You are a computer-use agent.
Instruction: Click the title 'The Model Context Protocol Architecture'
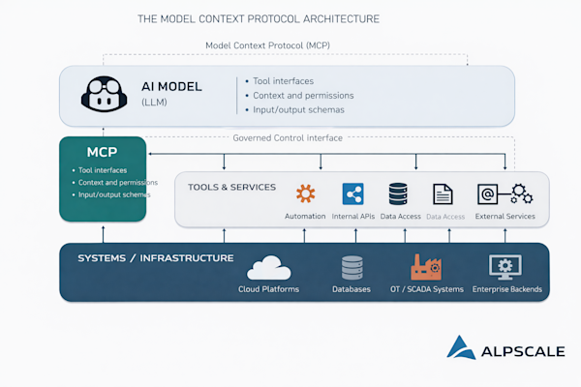point(259,18)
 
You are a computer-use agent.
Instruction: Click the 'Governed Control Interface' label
point(288,137)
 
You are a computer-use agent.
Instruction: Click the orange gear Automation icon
point(305,193)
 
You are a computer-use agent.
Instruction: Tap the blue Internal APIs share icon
point(352,193)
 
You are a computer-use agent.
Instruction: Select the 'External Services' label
point(505,216)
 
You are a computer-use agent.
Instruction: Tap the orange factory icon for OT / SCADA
point(426,267)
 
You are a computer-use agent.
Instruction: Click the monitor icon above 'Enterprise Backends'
point(506,267)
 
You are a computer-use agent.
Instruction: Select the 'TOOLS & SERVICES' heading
point(231,187)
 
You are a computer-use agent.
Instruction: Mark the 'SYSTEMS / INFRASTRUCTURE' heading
point(155,258)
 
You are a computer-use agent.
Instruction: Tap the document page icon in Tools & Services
point(443,193)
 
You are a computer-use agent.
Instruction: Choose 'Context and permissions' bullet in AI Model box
point(302,96)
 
